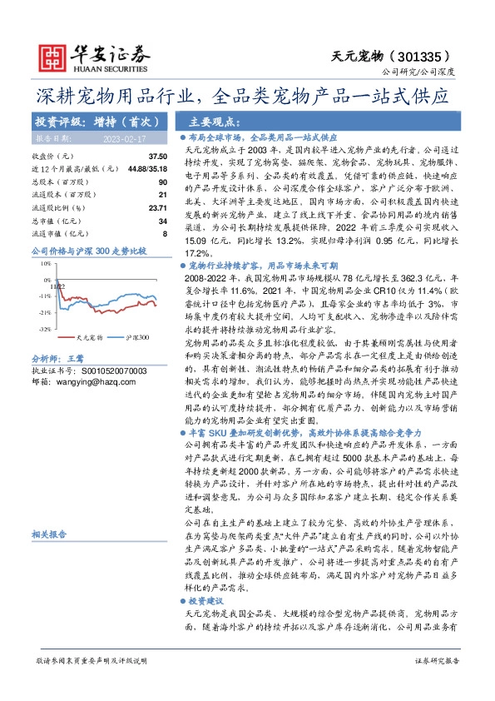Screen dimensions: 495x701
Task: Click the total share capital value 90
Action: pyautogui.click(x=162, y=181)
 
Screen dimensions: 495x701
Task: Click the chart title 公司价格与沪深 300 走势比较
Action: pyautogui.click(x=88, y=250)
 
